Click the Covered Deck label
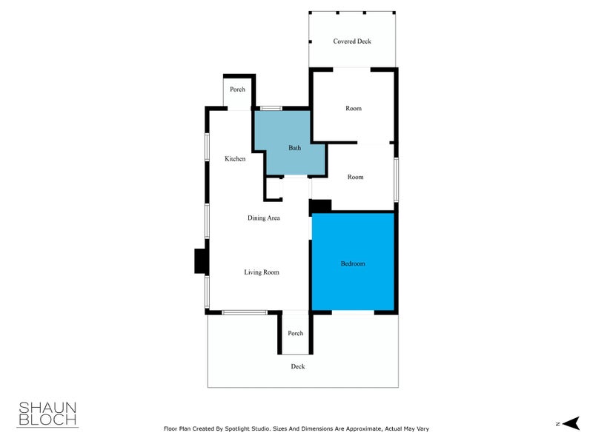352,41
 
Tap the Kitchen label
235,159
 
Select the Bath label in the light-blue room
295,148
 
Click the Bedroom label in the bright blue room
353,264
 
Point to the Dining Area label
263,218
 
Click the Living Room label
262,272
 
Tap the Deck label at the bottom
298,366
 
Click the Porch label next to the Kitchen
237,90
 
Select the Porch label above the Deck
296,333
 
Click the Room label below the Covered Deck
354,109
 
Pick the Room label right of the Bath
356,177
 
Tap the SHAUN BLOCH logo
47,414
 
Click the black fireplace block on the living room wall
200,261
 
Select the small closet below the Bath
273,189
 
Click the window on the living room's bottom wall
245,313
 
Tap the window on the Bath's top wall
271,109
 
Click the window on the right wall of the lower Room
397,178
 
